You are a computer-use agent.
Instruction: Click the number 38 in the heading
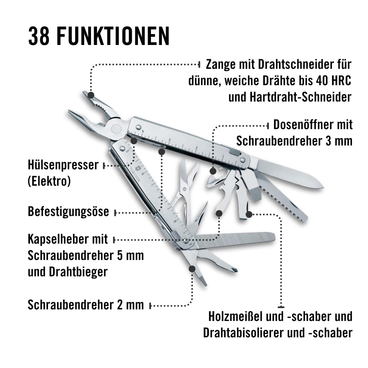[x=39, y=36]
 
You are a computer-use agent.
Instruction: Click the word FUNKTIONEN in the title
[x=113, y=36]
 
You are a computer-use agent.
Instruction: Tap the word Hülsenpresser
[x=63, y=165]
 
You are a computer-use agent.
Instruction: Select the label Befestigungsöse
[x=68, y=212]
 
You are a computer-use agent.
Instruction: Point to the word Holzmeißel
[x=235, y=317]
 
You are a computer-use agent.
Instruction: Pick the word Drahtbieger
[x=78, y=272]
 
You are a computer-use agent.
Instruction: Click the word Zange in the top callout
[x=221, y=64]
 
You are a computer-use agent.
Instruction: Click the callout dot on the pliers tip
[x=91, y=95]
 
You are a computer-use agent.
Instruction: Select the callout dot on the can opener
[x=213, y=171]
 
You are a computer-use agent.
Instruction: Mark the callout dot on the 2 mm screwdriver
[x=192, y=269]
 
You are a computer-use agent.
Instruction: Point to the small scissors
[x=185, y=185]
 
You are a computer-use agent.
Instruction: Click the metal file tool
[x=235, y=240]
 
